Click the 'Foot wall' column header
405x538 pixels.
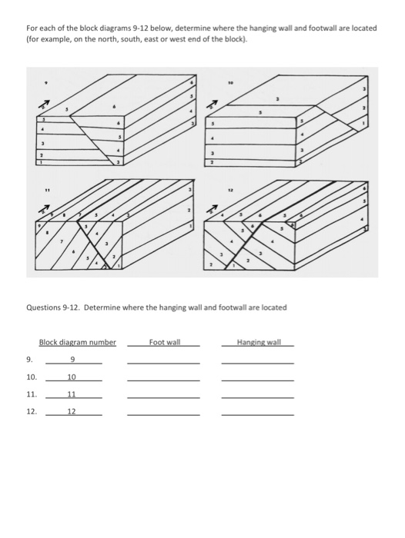(x=164, y=341)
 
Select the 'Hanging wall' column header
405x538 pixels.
(x=259, y=341)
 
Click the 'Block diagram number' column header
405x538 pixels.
(x=77, y=342)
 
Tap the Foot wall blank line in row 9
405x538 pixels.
(x=163, y=364)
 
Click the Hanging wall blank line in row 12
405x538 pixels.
(x=257, y=414)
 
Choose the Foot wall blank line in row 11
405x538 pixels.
(x=163, y=397)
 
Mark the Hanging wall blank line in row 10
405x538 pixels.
(x=257, y=380)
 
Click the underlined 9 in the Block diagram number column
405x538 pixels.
(x=72, y=360)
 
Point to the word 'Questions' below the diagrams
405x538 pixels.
(x=44, y=307)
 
